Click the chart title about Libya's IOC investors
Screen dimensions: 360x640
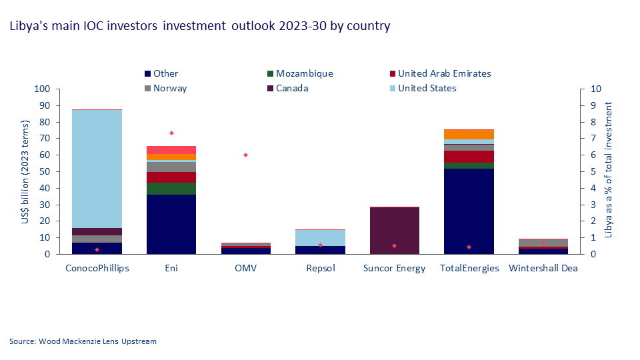click(x=199, y=26)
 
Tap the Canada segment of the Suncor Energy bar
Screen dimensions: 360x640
click(x=395, y=231)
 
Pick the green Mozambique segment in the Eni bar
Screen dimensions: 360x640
click(x=171, y=188)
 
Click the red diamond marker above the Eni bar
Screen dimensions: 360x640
click(x=171, y=133)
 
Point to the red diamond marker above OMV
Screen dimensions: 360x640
click(x=245, y=155)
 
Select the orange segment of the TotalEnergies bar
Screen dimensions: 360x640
click(x=469, y=135)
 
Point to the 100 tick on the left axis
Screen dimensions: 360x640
click(x=43, y=89)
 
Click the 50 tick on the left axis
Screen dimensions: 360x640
click(x=45, y=171)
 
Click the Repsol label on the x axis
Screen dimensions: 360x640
click(x=320, y=268)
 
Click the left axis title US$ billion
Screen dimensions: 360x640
click(x=26, y=171)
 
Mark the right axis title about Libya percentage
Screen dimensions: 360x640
click(x=607, y=171)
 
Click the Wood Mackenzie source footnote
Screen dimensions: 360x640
click(x=83, y=341)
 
